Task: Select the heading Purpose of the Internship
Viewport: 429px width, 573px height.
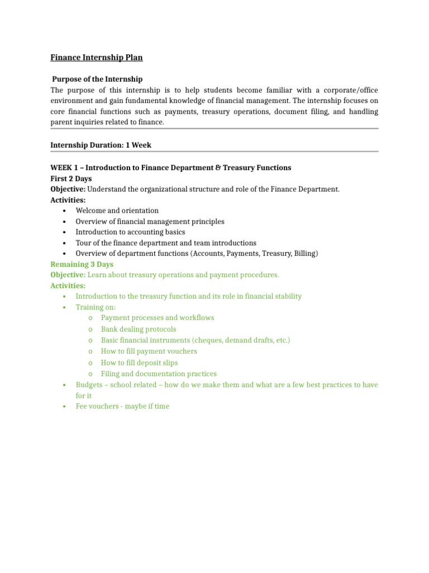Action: [97, 79]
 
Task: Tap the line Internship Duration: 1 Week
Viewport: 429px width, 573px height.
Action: [101, 145]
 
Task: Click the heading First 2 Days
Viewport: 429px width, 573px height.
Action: [71, 179]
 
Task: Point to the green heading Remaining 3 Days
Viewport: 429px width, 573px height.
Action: [82, 264]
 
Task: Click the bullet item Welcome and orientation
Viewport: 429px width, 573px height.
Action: [117, 210]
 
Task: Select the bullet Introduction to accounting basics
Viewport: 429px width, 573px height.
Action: [130, 232]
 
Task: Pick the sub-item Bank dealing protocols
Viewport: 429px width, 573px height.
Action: [138, 329]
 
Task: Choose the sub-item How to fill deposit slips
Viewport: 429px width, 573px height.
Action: [139, 363]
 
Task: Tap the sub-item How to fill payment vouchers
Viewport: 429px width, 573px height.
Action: [149, 351]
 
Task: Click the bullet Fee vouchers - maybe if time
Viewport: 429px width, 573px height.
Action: [122, 406]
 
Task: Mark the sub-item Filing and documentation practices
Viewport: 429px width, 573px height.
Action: [159, 374]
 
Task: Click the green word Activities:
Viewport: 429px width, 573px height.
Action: [68, 286]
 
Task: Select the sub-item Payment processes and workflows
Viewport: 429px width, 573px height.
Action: [157, 318]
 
